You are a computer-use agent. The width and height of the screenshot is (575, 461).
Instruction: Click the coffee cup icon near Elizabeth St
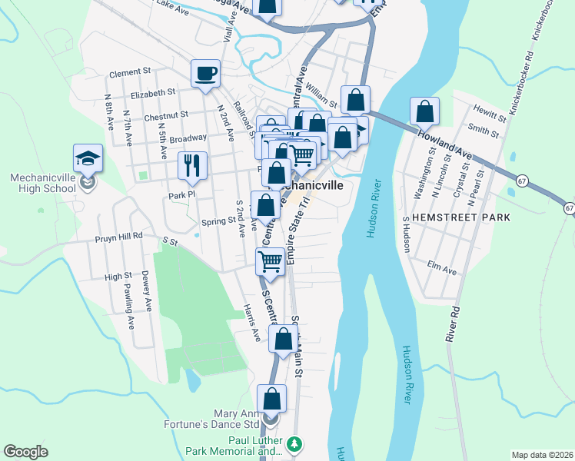[x=205, y=74]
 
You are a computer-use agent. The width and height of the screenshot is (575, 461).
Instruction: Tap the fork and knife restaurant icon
[x=191, y=164]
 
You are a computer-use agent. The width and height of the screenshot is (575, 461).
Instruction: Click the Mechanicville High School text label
[x=43, y=182]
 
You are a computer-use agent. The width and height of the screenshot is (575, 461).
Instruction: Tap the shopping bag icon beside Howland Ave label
[x=424, y=112]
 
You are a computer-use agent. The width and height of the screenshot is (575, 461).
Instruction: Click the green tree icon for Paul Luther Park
[x=293, y=444]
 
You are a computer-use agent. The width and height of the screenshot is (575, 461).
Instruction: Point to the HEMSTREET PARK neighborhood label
[x=460, y=218]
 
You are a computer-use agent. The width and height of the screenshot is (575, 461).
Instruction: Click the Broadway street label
[x=188, y=138]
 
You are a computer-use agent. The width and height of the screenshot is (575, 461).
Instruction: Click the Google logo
[x=26, y=452]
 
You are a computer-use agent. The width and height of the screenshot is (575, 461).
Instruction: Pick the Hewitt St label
[x=490, y=113]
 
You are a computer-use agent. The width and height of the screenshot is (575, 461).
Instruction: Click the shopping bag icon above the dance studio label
[x=271, y=399]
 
